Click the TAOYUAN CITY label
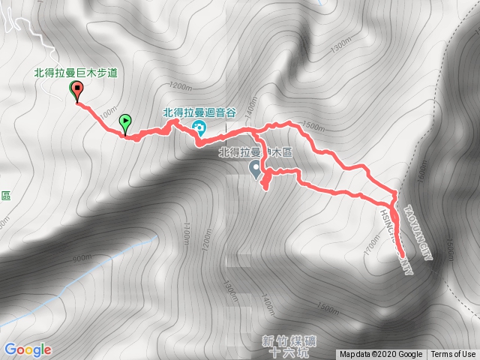tap(418, 226)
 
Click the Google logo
tap(27, 349)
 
